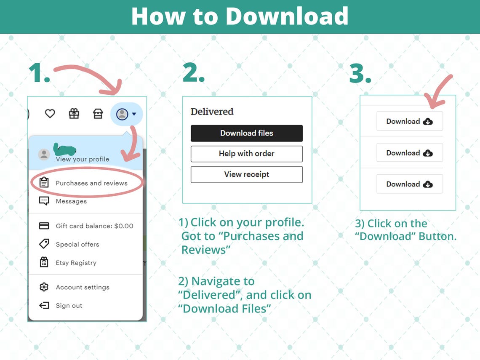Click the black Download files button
click(246, 133)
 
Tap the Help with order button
click(246, 154)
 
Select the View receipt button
click(246, 174)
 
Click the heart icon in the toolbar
click(50, 114)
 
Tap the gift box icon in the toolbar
click(74, 114)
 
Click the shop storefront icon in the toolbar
click(98, 114)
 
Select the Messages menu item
click(71, 201)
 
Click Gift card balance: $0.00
click(94, 226)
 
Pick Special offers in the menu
click(77, 244)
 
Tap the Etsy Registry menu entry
click(76, 263)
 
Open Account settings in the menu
click(83, 287)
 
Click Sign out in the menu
click(69, 306)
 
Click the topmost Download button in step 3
click(410, 121)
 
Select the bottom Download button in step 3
click(410, 184)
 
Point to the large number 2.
click(193, 73)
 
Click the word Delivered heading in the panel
click(212, 112)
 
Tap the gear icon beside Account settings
click(44, 287)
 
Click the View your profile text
click(83, 159)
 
